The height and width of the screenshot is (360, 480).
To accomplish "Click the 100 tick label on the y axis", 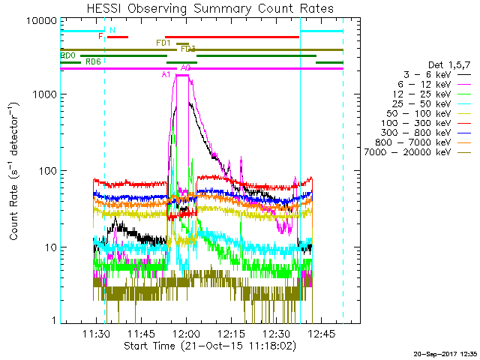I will click(x=46, y=171).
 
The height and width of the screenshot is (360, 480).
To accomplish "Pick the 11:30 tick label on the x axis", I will click(x=96, y=334).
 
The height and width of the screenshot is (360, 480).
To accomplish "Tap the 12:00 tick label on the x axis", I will click(x=185, y=334).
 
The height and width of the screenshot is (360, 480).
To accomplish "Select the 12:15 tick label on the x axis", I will click(x=231, y=334).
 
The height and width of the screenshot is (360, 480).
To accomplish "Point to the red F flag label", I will click(x=100, y=36).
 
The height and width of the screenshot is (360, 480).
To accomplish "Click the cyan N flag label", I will click(x=112, y=31).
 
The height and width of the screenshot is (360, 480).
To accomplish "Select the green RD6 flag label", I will click(x=93, y=61).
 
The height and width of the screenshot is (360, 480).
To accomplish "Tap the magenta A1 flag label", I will click(x=166, y=74).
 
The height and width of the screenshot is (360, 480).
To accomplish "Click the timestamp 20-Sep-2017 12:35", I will click(x=445, y=353).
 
